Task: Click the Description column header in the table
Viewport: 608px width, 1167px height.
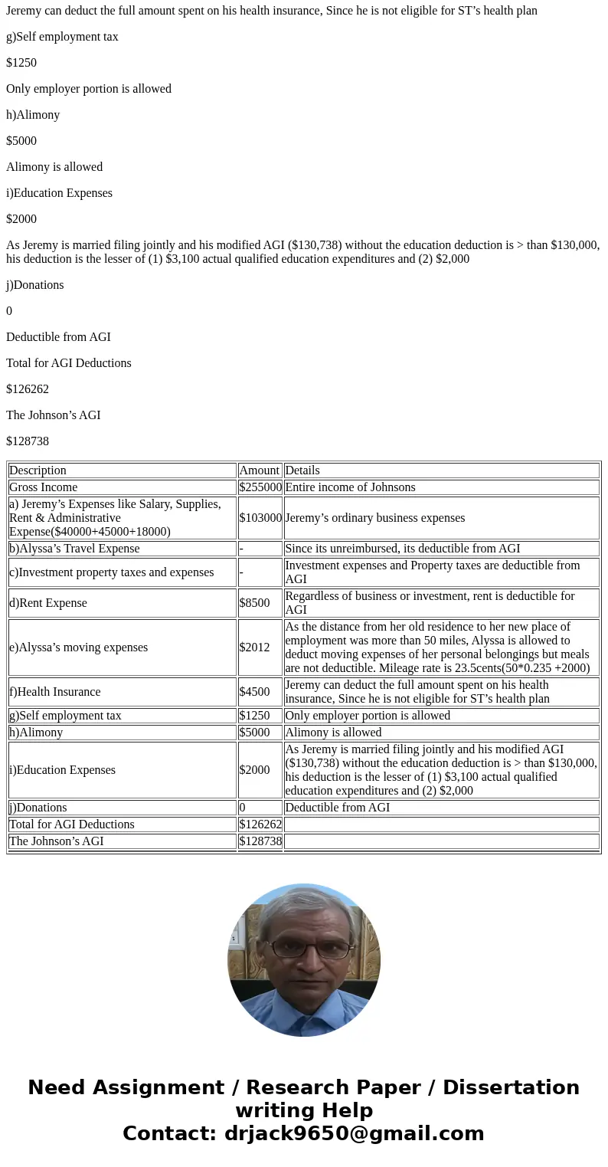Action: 38,470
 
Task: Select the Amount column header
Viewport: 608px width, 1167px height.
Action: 259,470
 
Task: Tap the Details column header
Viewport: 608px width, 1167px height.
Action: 302,470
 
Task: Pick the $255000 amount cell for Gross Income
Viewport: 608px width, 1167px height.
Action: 260,487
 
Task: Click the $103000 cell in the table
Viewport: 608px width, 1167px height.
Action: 260,518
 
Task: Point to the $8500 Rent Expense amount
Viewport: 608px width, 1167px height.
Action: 254,603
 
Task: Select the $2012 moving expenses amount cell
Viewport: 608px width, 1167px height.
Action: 254,647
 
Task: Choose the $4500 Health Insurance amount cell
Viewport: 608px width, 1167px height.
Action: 254,692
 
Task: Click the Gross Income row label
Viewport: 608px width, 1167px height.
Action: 43,487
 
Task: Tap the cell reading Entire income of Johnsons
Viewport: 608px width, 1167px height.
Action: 350,487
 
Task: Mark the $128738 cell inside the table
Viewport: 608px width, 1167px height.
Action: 260,841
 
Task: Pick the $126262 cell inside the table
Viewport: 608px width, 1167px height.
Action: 260,824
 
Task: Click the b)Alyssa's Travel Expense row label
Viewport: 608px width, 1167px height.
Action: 74,549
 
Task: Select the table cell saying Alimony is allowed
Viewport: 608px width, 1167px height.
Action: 333,733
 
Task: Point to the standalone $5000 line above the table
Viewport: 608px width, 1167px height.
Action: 21,141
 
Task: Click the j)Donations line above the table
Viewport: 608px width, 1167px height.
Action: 35,285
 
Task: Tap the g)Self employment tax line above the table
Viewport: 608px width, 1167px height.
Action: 62,37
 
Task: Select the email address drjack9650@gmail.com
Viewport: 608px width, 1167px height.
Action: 354,1134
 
